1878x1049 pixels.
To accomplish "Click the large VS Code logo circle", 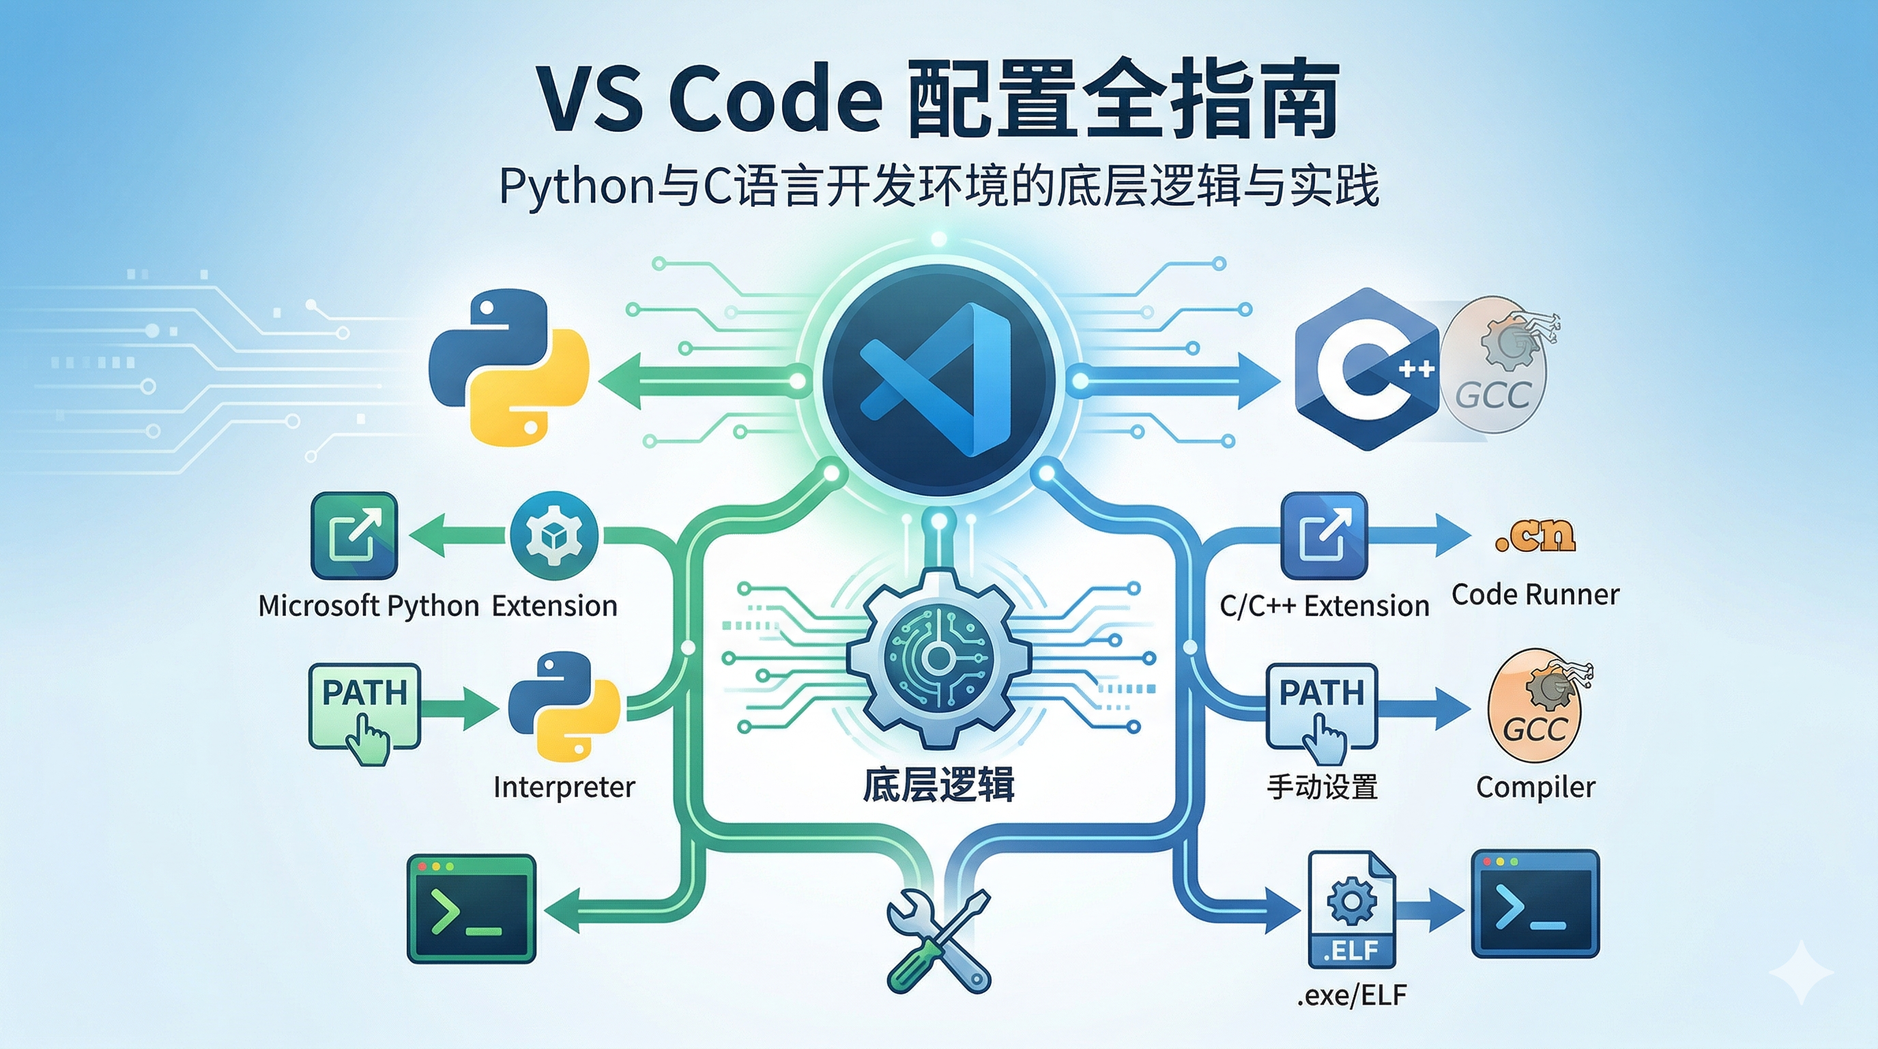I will [x=939, y=379].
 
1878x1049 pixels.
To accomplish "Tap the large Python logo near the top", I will [x=509, y=368].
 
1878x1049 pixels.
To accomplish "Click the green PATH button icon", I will [x=364, y=706].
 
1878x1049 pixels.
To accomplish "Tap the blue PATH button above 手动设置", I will [x=1322, y=706].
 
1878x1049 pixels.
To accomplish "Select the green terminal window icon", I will [x=471, y=909].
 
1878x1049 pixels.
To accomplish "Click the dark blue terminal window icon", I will [x=1535, y=904].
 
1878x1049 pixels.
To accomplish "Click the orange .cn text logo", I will [x=1535, y=537].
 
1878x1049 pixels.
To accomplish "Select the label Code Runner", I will [x=1535, y=595].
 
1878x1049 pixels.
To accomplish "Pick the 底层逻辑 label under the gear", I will [x=938, y=785].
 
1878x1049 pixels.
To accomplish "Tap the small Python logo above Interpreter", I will [x=564, y=706].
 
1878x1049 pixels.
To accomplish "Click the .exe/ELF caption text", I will [x=1352, y=995].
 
